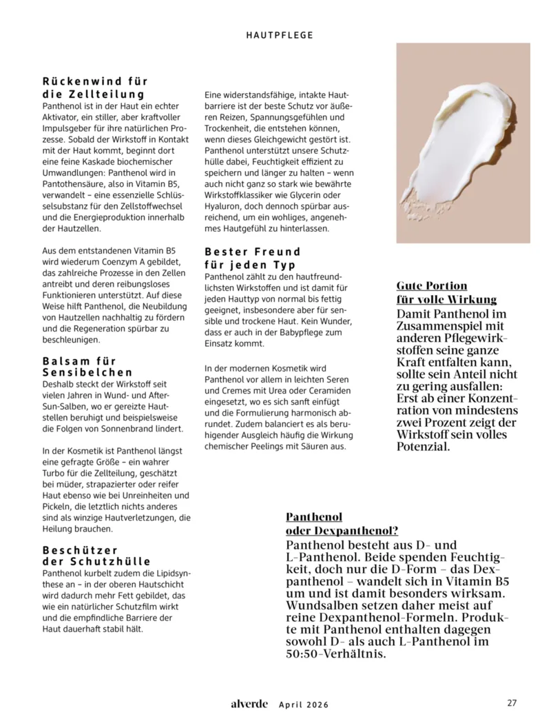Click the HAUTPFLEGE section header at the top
click(280, 34)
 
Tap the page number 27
click(512, 703)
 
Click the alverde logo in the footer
click(249, 704)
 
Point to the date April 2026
click(304, 705)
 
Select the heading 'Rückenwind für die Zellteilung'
click(94, 88)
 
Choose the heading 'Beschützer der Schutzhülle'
click(96, 556)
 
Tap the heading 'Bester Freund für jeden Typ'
click(253, 258)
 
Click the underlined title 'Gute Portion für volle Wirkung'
click(446, 292)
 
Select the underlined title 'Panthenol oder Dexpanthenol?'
click(342, 523)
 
